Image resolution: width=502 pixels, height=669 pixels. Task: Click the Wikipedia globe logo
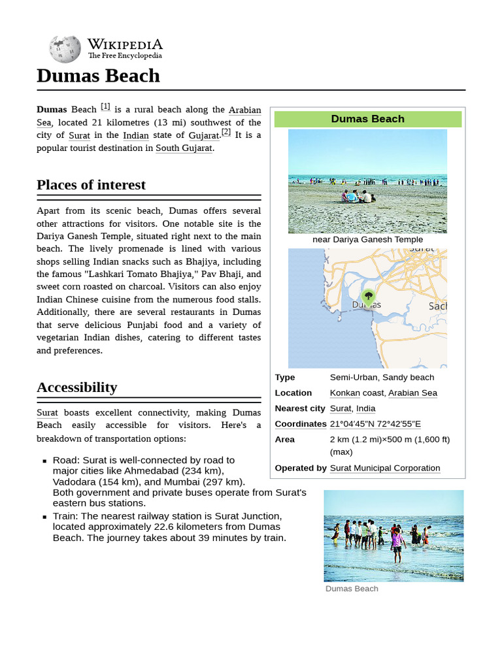click(65, 50)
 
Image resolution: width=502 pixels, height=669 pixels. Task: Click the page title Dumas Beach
click(98, 76)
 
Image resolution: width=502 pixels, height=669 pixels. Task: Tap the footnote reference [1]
click(105, 106)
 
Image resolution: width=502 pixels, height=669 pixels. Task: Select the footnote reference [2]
click(226, 131)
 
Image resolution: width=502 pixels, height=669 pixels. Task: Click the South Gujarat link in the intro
click(184, 148)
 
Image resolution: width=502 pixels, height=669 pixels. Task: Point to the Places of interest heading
click(91, 185)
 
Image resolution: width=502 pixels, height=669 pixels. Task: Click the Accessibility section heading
click(76, 387)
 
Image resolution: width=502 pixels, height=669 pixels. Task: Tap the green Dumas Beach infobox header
click(367, 119)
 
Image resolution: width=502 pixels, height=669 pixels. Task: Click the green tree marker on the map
click(369, 297)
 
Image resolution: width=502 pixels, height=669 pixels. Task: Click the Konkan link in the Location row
click(344, 393)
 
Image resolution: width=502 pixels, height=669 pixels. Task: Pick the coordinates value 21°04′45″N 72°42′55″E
click(375, 424)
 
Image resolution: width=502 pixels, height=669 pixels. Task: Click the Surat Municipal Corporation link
click(385, 468)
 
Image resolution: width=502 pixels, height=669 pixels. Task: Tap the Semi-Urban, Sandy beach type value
click(382, 377)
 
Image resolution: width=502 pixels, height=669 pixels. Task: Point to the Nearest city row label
click(299, 408)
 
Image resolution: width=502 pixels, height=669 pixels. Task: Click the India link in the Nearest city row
click(365, 408)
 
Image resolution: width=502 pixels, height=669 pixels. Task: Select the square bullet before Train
click(44, 516)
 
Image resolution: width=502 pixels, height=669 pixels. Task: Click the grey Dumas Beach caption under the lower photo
click(352, 589)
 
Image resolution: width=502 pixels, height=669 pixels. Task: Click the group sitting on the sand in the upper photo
click(358, 196)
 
